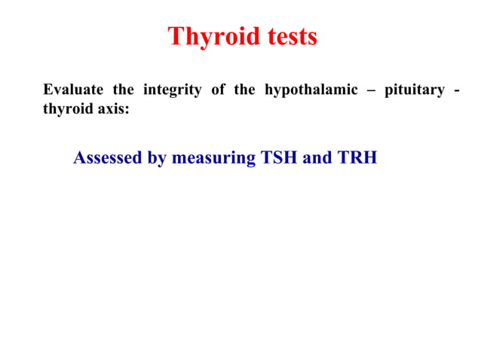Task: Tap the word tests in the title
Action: (x=287, y=37)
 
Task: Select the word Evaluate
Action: (x=74, y=91)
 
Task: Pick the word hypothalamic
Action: (x=311, y=91)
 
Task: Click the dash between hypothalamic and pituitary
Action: (x=367, y=92)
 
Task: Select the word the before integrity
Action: (x=123, y=91)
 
